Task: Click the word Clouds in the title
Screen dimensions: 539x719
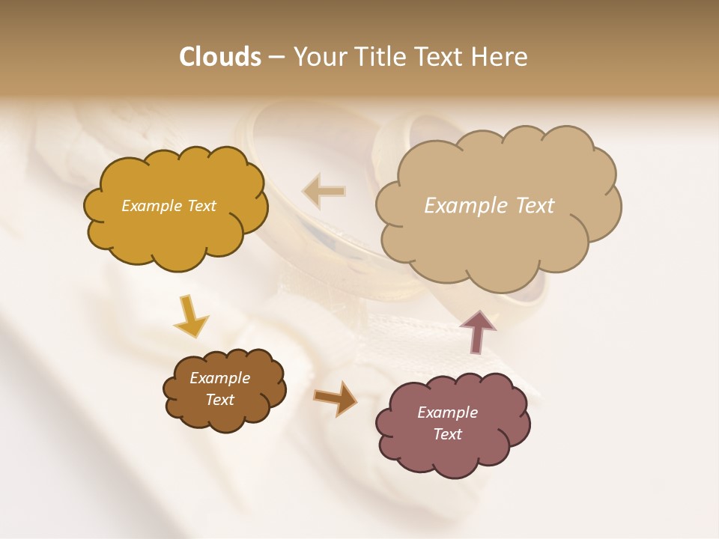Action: (x=219, y=57)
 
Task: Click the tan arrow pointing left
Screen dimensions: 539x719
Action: (x=324, y=192)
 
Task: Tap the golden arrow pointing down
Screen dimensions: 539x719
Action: (x=191, y=317)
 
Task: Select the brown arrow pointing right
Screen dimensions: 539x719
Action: (x=335, y=398)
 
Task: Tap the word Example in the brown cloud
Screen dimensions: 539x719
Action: (x=219, y=378)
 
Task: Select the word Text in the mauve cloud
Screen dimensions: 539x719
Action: (x=447, y=434)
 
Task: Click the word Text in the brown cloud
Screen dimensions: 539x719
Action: (x=219, y=400)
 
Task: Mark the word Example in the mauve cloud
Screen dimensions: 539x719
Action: (x=447, y=412)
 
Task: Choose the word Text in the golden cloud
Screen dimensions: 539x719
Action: (x=201, y=206)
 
